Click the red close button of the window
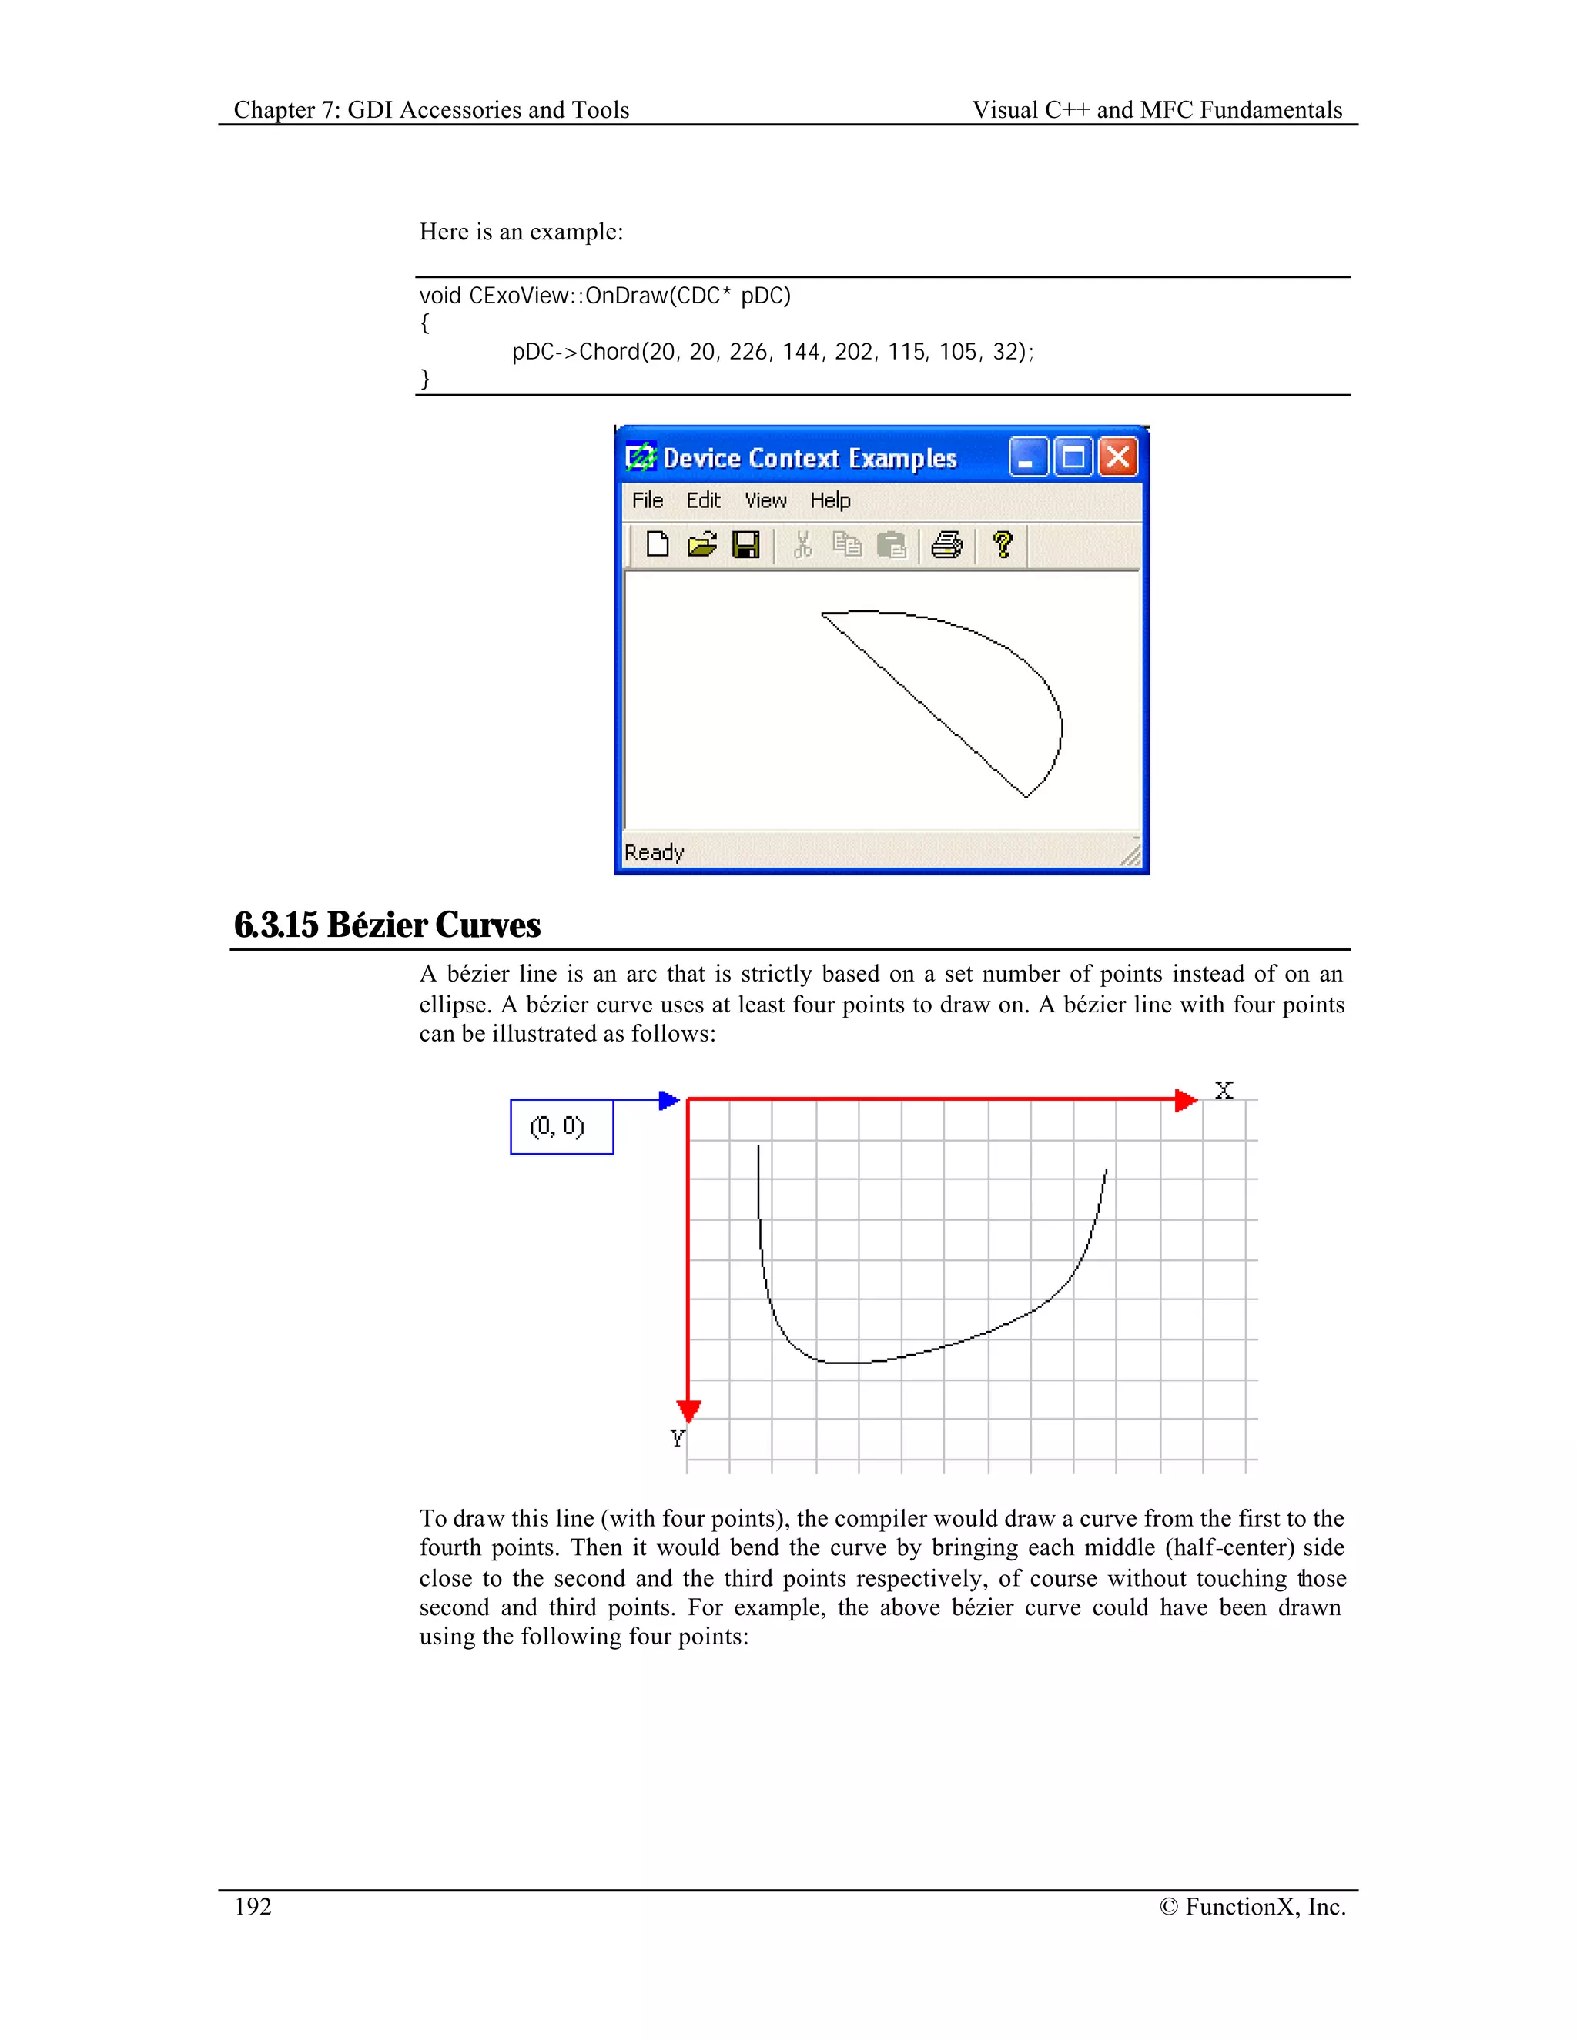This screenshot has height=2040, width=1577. coord(1117,458)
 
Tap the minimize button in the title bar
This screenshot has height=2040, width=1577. coord(1028,458)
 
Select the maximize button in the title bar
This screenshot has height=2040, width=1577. coord(1073,458)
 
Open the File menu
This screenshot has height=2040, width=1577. coord(648,500)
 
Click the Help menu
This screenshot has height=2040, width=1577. coord(829,500)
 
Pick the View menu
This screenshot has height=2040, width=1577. coord(765,500)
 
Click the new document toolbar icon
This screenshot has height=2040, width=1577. coord(658,543)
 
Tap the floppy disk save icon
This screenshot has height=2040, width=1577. coord(745,543)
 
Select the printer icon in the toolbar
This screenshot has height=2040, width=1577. coord(946,543)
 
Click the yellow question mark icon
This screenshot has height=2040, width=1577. coord(1003,543)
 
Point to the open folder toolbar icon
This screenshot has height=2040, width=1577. coord(701,543)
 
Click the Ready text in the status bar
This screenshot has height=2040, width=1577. coord(654,853)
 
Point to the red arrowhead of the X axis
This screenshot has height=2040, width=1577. coord(1184,1100)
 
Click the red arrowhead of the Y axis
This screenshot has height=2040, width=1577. coord(688,1410)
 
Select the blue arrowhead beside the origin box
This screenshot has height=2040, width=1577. coord(668,1100)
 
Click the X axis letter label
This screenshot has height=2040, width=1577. coord(1224,1090)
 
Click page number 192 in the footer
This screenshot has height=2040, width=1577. coord(253,1906)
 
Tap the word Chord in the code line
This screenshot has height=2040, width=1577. coord(609,352)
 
